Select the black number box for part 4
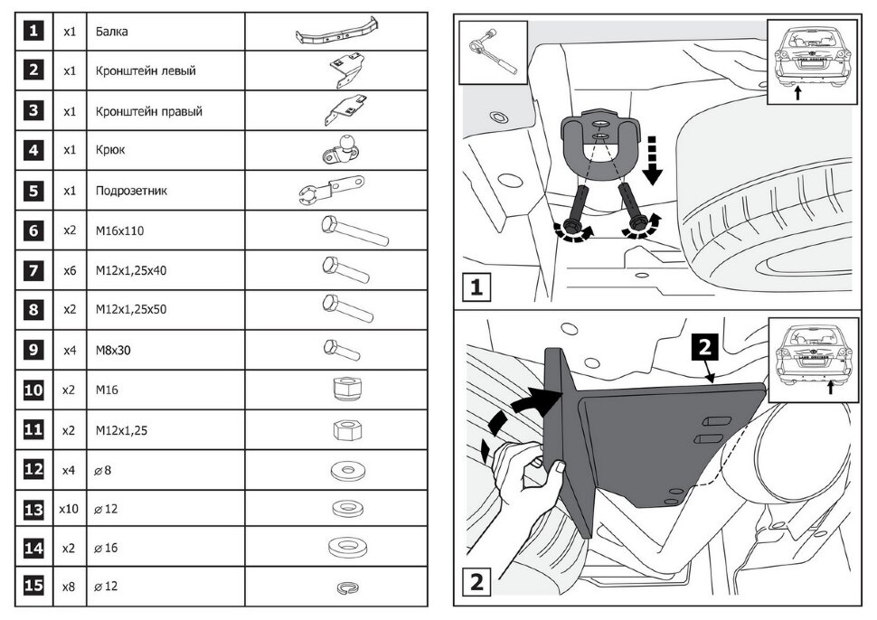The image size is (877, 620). tap(33, 150)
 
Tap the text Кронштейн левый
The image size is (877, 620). tap(146, 70)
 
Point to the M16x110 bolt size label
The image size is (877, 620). tap(119, 230)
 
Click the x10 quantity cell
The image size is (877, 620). tap(69, 509)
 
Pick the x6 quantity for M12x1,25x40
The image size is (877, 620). tap(69, 270)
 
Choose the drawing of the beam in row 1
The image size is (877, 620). tap(335, 34)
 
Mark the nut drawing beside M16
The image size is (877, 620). tap(347, 389)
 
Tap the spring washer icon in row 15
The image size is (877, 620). tap(347, 588)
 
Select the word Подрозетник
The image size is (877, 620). tap(131, 191)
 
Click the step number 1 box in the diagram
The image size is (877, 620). tap(476, 288)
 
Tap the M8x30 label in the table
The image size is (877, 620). tap(114, 350)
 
